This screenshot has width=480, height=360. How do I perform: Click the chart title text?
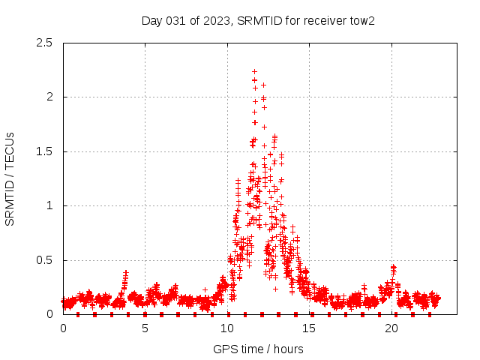tap(258, 20)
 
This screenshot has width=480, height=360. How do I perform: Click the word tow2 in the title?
tap(361, 20)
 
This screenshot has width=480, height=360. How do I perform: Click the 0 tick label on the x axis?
tap(63, 328)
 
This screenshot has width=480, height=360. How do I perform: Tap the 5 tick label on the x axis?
tap(145, 328)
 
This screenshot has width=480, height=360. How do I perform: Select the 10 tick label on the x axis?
tap(227, 328)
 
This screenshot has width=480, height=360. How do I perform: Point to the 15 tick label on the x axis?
tap(309, 328)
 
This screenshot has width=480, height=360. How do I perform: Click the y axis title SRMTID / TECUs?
tap(10, 178)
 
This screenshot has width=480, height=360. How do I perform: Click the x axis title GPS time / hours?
tap(258, 349)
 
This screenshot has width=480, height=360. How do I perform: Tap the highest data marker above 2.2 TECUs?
tap(255, 71)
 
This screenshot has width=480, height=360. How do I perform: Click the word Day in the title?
tap(152, 20)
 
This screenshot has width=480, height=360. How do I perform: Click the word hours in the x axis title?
tap(289, 349)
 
